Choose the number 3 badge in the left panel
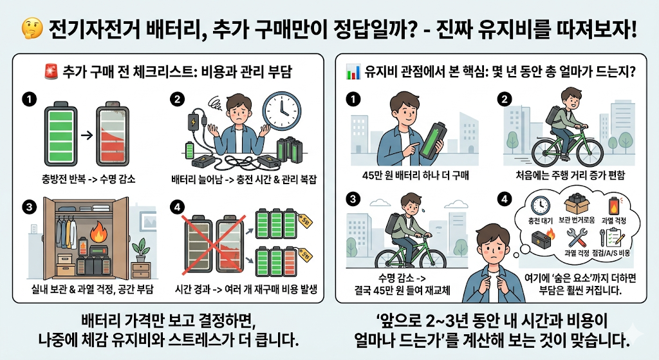pos(27,207)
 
